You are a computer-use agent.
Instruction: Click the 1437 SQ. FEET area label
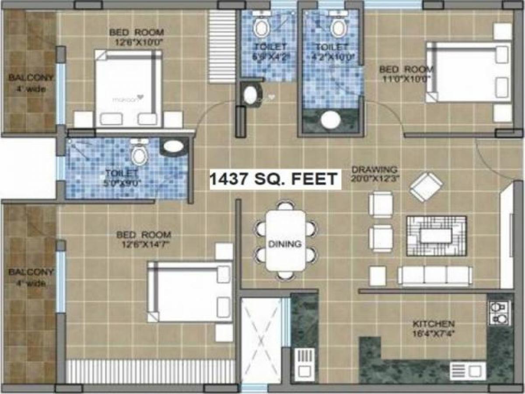274,179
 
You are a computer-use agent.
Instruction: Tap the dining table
286,240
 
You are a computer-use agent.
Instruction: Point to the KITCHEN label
433,324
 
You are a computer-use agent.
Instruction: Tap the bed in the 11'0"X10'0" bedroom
468,72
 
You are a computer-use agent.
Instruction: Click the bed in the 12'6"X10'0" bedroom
128,88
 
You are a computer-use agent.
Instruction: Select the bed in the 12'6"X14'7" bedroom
190,292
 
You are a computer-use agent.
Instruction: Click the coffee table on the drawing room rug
436,236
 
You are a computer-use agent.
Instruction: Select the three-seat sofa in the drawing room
434,276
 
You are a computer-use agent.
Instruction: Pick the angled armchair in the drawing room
426,187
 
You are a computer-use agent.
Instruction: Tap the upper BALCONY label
31,78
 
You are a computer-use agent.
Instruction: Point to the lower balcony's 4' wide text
31,283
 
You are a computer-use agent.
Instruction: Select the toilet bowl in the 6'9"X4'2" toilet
261,28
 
